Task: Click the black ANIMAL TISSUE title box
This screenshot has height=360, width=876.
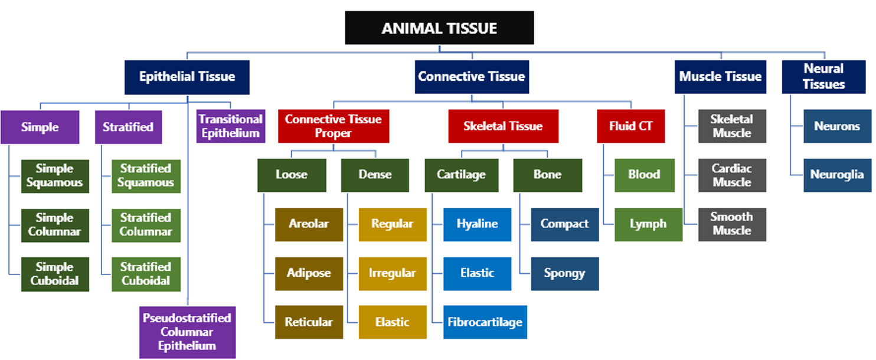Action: click(x=439, y=28)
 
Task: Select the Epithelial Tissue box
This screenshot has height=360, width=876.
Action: click(x=187, y=77)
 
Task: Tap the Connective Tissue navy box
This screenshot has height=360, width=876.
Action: click(x=472, y=77)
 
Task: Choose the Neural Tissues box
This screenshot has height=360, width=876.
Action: click(x=823, y=77)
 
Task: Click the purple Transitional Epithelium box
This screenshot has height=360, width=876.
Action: click(x=231, y=126)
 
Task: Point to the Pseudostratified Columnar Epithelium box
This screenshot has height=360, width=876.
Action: click(x=187, y=332)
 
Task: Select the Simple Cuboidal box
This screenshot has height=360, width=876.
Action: click(x=55, y=274)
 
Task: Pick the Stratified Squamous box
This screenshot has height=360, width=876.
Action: click(x=146, y=176)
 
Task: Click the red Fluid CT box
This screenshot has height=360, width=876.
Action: click(x=631, y=126)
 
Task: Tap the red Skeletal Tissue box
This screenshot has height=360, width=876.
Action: click(x=504, y=126)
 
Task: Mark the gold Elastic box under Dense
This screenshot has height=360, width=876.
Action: click(x=393, y=322)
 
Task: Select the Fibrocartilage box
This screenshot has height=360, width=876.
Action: click(x=485, y=322)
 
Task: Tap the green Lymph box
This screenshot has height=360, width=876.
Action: click(x=648, y=224)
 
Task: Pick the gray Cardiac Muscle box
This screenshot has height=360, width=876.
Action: click(x=732, y=175)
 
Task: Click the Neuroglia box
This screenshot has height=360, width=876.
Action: click(x=837, y=175)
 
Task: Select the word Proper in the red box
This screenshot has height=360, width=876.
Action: click(x=333, y=133)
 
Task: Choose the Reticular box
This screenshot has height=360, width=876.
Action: click(x=309, y=322)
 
